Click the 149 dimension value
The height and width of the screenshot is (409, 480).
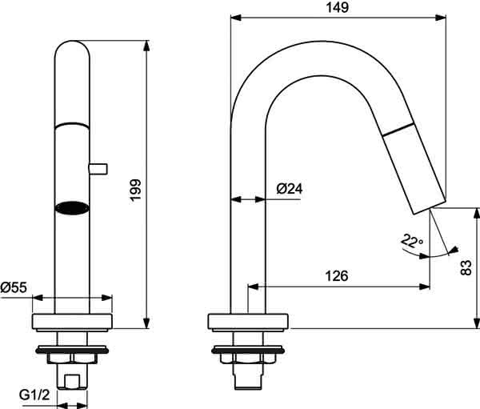pos(337,7)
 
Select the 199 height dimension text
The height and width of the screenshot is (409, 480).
pos(135,190)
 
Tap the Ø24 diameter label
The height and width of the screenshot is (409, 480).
pos(290,189)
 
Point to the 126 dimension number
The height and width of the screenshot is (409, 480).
pos(337,276)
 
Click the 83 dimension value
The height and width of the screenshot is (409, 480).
pos(466,268)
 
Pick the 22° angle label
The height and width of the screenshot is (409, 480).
pos(412,241)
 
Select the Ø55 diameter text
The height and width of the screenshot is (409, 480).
pos(14,287)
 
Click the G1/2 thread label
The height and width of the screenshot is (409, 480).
pos(34,395)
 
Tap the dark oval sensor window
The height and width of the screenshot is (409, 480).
pos(72,208)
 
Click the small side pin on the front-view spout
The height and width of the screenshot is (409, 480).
pos(98,169)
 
